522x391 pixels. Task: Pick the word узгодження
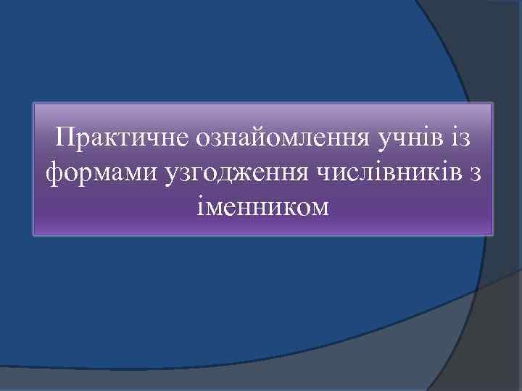click(x=233, y=174)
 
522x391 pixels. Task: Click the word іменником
click(x=262, y=208)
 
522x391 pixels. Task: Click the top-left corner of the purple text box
click(x=34, y=104)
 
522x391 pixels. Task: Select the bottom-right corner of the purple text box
click(x=492, y=235)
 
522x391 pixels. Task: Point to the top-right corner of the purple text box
click(x=492, y=104)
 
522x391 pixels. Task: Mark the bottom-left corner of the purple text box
click(x=34, y=235)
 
